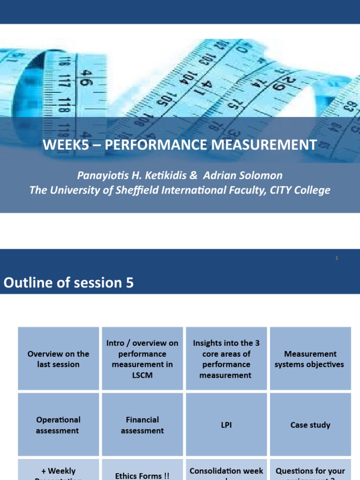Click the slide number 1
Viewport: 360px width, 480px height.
(337, 258)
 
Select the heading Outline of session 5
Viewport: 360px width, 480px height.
(68, 283)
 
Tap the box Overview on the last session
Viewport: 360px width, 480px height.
(59, 359)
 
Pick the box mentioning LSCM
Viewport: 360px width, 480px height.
(142, 359)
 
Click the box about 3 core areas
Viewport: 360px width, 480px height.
(226, 359)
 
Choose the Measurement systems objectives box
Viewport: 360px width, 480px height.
(310, 359)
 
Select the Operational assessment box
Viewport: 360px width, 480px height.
(59, 425)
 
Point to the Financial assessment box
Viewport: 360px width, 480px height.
(142, 425)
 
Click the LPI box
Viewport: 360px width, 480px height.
(226, 425)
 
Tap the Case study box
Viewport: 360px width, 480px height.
(310, 425)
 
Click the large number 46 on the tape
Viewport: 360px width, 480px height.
(86, 77)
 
